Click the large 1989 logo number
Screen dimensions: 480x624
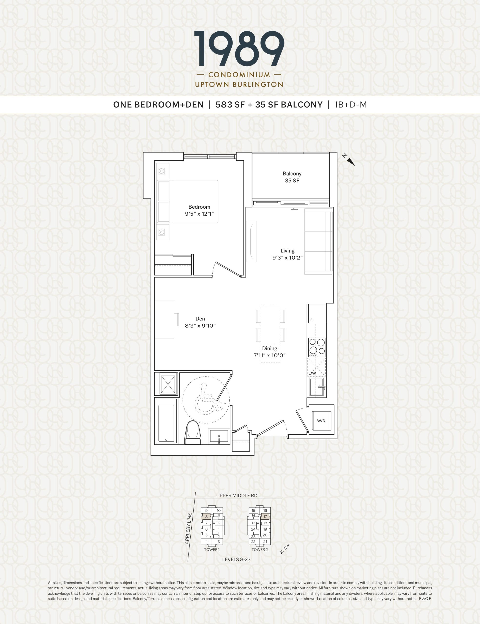(239, 49)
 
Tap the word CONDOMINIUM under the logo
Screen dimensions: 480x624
(239, 75)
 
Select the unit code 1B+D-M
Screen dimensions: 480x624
(351, 105)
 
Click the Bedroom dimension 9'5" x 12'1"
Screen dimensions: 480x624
(199, 214)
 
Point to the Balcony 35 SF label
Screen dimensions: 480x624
(292, 177)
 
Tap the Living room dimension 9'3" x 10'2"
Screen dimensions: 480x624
(287, 257)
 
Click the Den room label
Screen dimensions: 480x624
(200, 319)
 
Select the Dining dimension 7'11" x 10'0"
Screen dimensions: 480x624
(270, 355)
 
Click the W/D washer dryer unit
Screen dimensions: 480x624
(322, 420)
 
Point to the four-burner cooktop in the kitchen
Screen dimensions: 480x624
(317, 347)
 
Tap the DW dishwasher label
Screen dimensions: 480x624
(313, 373)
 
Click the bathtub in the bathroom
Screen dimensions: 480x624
(166, 421)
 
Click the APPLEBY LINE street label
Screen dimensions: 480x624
(188, 528)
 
